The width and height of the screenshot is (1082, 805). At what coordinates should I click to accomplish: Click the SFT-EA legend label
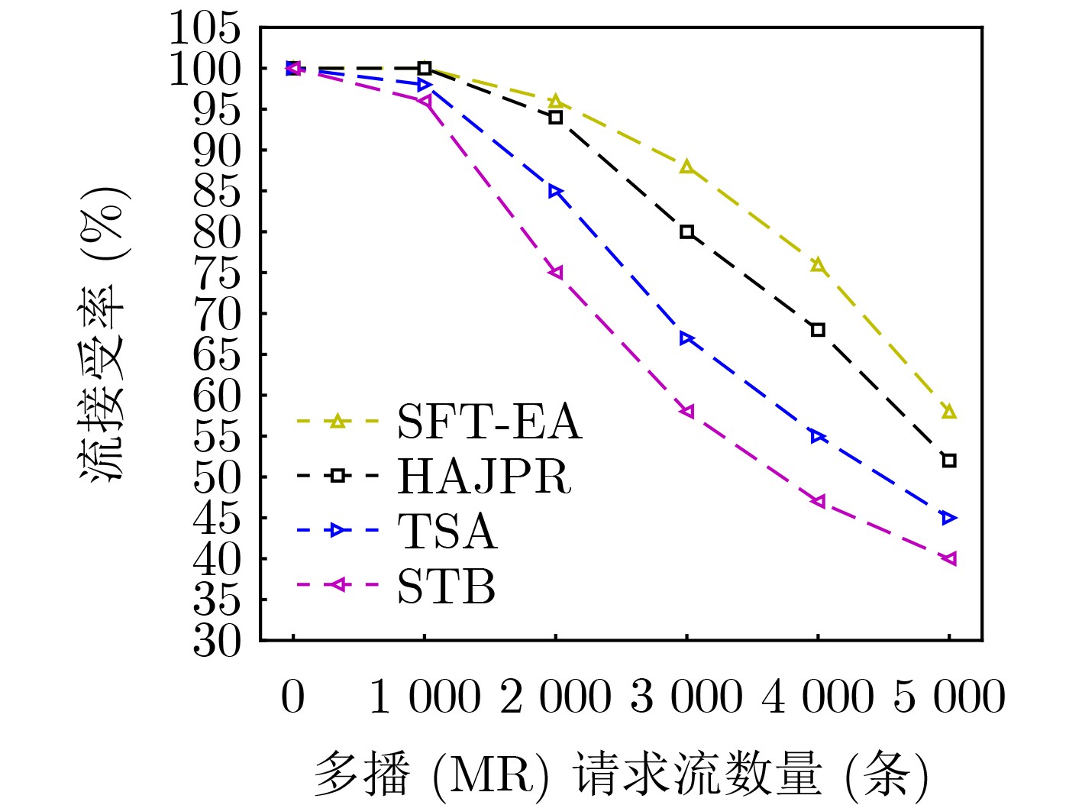tap(489, 421)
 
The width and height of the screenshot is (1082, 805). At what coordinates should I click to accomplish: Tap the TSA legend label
tap(447, 531)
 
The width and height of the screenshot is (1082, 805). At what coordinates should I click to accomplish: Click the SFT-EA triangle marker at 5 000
tap(949, 412)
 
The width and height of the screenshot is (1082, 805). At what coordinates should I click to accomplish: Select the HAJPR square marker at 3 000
tap(687, 232)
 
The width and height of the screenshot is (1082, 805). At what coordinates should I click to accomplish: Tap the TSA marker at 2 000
tap(556, 191)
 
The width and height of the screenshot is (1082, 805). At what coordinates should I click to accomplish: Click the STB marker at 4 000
tap(818, 501)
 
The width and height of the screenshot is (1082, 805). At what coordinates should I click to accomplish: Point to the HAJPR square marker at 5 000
tap(949, 461)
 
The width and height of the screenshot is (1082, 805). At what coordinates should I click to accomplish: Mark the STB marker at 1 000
tap(425, 101)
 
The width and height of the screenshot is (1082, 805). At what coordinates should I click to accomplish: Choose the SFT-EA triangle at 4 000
tap(818, 265)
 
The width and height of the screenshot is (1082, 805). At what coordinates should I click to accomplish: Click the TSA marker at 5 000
tap(949, 518)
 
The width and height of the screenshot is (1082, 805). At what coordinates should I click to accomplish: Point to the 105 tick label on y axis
tap(205, 29)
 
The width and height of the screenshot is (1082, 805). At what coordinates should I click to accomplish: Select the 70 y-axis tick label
tap(217, 314)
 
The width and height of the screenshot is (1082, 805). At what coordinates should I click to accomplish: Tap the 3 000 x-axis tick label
tap(686, 697)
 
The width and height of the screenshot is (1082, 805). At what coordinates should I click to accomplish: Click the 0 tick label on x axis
tap(293, 697)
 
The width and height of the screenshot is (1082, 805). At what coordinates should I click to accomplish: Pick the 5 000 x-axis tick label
tap(949, 697)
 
